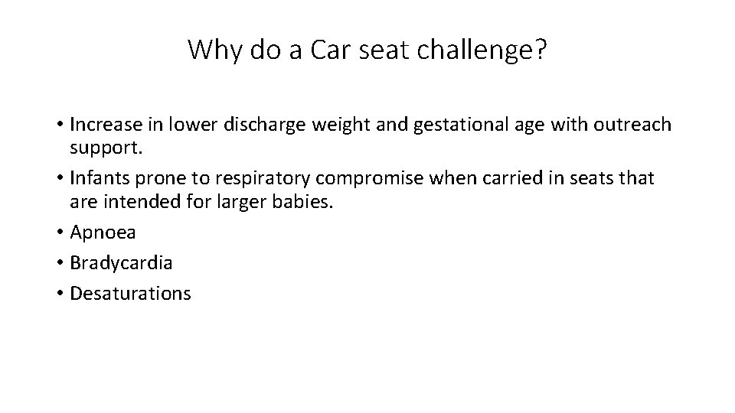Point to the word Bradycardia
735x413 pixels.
pos(121,263)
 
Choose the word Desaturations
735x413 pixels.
pos(130,293)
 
